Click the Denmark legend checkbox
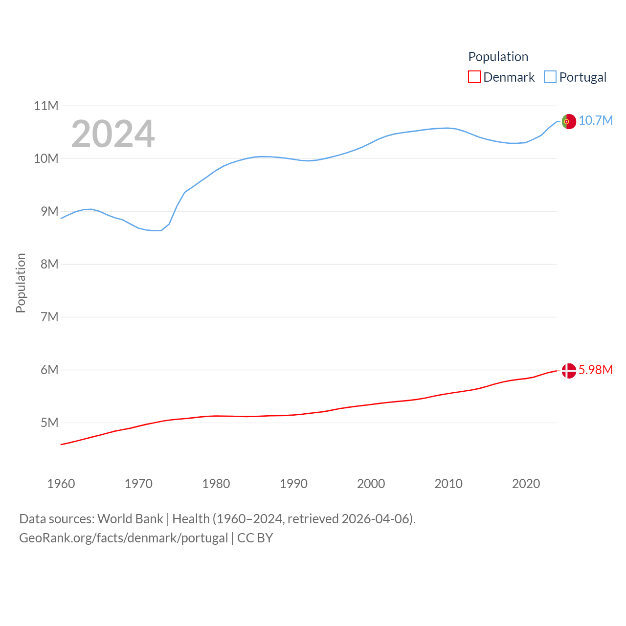coord(474,77)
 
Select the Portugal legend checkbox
coord(550,77)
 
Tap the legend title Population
coord(498,57)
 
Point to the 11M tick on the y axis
coord(46,106)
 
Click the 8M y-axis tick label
coord(49,264)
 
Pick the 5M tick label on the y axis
coord(49,423)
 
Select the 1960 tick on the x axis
coord(61,484)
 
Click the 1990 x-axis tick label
coord(293,484)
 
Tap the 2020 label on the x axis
coord(526,484)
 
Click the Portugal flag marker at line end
coord(569,121)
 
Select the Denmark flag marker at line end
coord(569,371)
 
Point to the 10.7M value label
coord(595,120)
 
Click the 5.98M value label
coord(595,370)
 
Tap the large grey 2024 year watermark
coord(113,134)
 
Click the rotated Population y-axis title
coord(21,283)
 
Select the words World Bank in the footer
coord(130,518)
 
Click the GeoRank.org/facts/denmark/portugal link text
coord(124,538)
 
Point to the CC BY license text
coord(255,538)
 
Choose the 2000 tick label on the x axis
coord(371,484)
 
